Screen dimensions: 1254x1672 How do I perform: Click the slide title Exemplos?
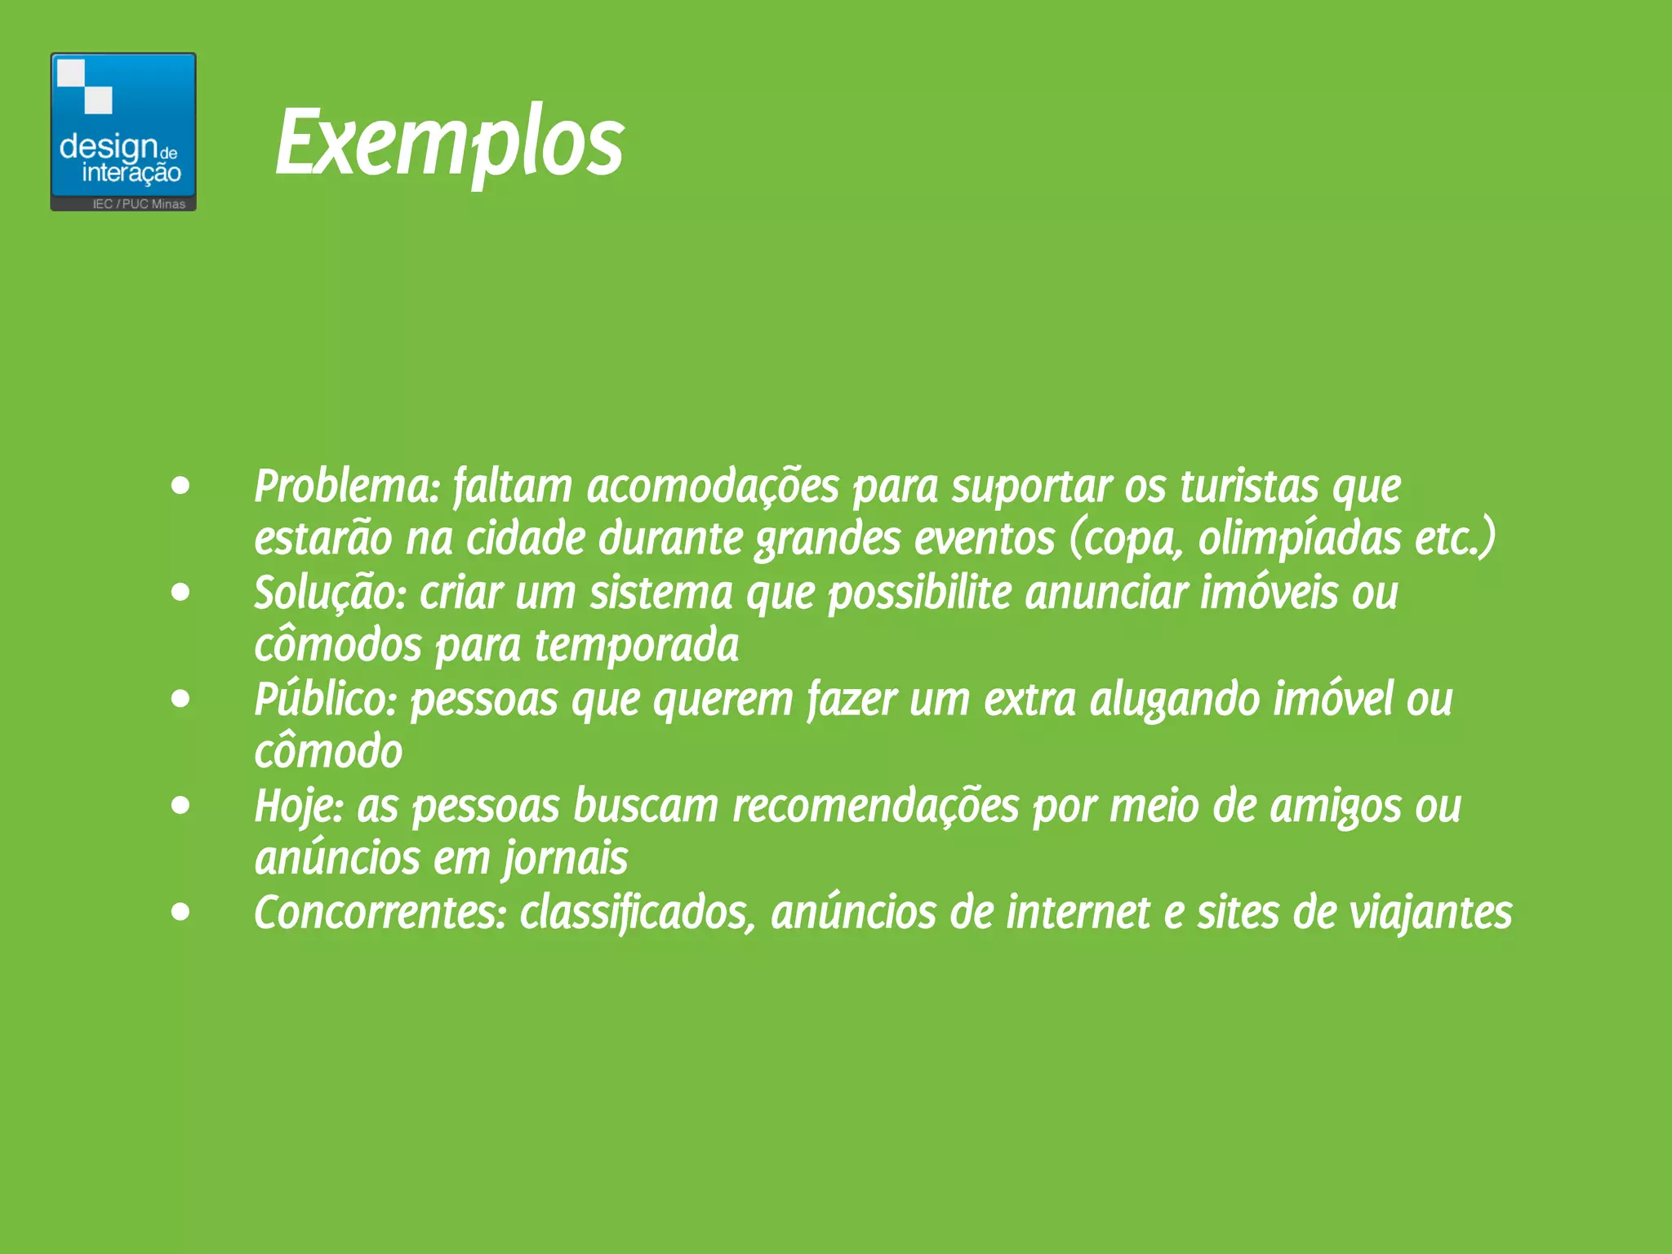(x=449, y=144)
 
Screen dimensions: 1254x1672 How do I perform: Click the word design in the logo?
(x=108, y=147)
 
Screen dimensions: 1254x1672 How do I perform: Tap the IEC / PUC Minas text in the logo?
(x=139, y=204)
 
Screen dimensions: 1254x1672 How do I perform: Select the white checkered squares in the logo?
(x=85, y=86)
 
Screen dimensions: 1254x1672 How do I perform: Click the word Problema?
(x=347, y=487)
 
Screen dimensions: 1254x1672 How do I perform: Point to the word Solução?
(x=330, y=593)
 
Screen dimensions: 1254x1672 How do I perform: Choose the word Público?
(x=325, y=700)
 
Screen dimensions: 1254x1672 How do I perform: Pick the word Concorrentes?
(x=380, y=913)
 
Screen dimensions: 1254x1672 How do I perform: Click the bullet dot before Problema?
(x=180, y=487)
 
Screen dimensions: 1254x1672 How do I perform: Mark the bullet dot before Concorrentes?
(x=180, y=912)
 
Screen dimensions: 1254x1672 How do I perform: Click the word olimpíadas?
(x=1299, y=539)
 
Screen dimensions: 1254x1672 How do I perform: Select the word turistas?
(x=1249, y=487)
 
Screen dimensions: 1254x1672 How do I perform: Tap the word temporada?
(x=637, y=646)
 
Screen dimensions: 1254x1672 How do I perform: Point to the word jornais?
(x=565, y=859)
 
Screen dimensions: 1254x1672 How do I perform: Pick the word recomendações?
(x=875, y=807)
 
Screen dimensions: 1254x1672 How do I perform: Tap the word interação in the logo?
(x=131, y=173)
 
